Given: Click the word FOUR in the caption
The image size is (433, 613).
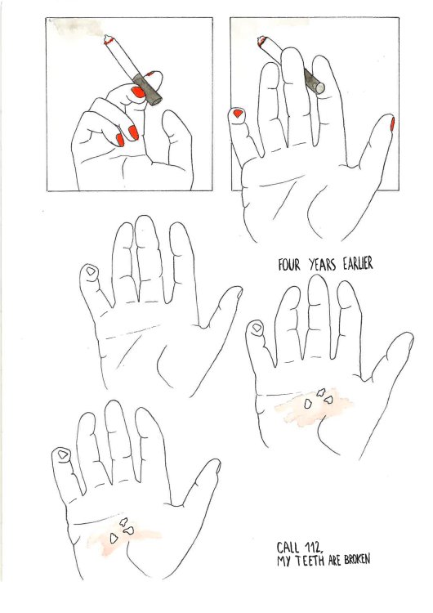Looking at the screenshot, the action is tap(289, 265).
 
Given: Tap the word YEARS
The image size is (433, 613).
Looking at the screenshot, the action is tap(323, 265).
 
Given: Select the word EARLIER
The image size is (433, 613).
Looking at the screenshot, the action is tap(358, 264).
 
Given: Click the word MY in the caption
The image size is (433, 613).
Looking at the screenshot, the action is tap(284, 562).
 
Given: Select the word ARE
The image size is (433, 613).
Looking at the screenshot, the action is tap(334, 561).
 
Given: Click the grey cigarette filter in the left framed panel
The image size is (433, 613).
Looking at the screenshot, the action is tap(147, 90).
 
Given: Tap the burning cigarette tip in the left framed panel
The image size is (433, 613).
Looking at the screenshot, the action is tap(108, 39).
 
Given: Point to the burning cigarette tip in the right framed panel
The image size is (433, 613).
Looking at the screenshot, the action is tap(261, 41).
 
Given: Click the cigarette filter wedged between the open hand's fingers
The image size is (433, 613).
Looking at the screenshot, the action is tap(315, 82).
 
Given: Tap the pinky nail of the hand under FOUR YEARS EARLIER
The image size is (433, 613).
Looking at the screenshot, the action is tap(257, 328).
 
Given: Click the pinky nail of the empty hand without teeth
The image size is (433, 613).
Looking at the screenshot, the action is tap(91, 271).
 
